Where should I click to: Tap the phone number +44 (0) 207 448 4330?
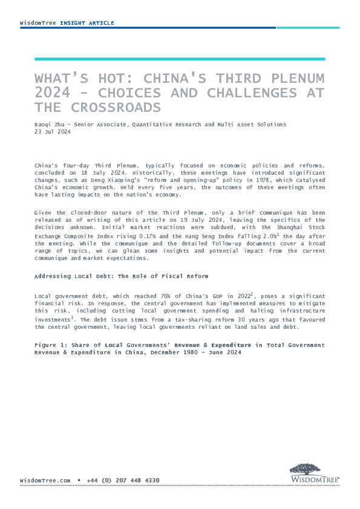coord(123,480)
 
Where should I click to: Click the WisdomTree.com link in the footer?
coord(45,480)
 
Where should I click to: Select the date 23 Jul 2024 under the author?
coord(53,131)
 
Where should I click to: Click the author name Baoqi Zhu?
coord(48,124)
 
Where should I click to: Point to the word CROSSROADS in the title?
coord(111,107)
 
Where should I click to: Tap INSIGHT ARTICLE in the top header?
coord(87,23)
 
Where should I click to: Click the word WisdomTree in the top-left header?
coord(38,23)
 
